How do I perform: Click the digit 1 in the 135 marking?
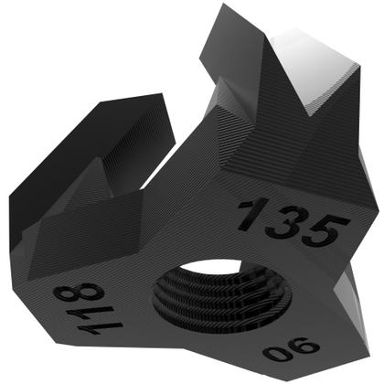tap(253, 213)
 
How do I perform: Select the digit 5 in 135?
tap(323, 231)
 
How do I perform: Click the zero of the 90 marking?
tap(275, 354)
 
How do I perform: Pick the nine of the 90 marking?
tap(304, 347)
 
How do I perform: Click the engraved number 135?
tap(293, 222)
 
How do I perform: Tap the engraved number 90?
tap(292, 349)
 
